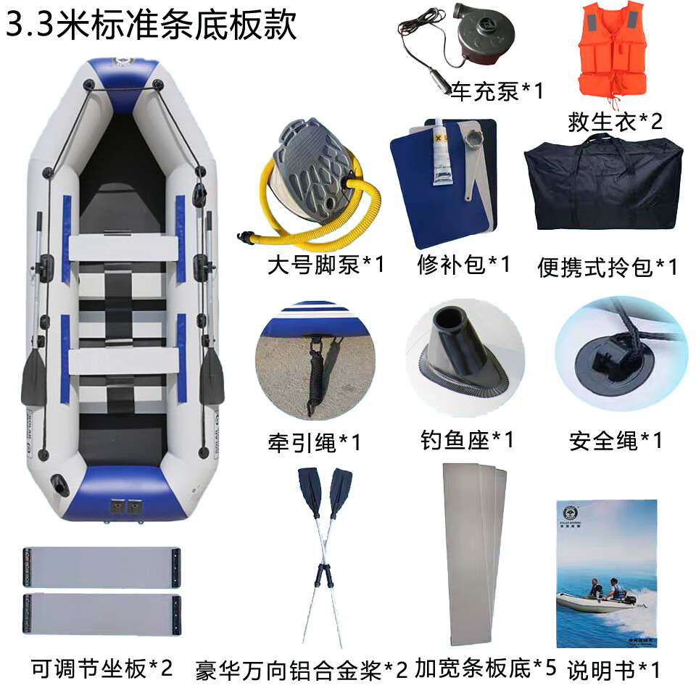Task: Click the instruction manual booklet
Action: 607,573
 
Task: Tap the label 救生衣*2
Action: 615,122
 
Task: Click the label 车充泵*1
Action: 497,91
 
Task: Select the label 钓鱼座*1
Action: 467,440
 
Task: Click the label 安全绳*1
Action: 616,442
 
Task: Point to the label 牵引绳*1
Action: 314,442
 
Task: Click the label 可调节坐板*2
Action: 101,668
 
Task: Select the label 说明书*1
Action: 613,670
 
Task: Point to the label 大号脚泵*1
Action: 326,265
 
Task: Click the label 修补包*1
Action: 464,265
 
